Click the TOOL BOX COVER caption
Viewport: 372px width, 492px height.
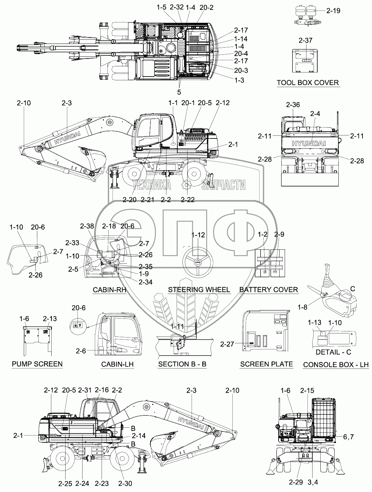pyautogui.click(x=308, y=82)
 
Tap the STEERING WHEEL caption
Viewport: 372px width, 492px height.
pyautogui.click(x=199, y=290)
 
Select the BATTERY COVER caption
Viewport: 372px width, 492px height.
pyautogui.click(x=269, y=290)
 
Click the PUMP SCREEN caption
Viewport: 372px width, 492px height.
pyautogui.click(x=37, y=364)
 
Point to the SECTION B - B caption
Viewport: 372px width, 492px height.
pyautogui.click(x=182, y=364)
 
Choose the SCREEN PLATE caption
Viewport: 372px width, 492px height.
pyautogui.click(x=266, y=364)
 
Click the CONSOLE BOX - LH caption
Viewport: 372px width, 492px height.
pyautogui.click(x=336, y=364)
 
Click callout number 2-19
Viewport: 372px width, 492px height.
pyautogui.click(x=333, y=11)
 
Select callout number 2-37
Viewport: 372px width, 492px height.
pyautogui.click(x=305, y=41)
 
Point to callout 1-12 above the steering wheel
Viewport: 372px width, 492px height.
pyautogui.click(x=198, y=235)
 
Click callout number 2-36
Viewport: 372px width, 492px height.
pyautogui.click(x=293, y=105)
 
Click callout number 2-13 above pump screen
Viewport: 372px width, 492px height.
pyautogui.click(x=50, y=318)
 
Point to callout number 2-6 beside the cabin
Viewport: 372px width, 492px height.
pyautogui.click(x=81, y=351)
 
